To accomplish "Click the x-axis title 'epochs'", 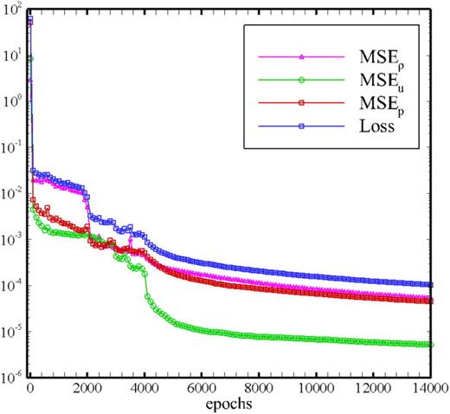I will click(230, 404).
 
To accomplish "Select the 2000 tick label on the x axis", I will click(87, 390).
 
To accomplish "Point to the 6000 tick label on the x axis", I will click(201, 390).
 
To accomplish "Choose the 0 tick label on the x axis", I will click(30, 390).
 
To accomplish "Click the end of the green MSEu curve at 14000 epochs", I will click(430, 345).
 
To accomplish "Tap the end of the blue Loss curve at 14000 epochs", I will click(430, 285).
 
